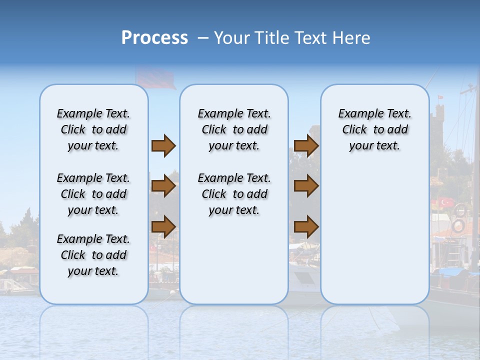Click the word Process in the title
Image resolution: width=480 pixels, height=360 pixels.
point(154,38)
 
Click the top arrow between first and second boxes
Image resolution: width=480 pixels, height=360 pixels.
point(163,146)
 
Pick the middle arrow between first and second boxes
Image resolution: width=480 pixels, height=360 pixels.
point(163,186)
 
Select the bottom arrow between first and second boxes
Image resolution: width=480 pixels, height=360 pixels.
point(163,226)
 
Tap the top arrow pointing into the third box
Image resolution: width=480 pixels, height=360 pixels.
point(306,146)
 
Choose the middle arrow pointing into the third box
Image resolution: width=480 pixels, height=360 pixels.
point(306,186)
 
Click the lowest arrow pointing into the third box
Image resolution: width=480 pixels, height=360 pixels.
point(306,227)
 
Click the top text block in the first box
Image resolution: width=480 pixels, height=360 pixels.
point(93,129)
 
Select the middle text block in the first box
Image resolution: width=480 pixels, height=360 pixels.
point(93,194)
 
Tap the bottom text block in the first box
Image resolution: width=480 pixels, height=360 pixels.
point(93,255)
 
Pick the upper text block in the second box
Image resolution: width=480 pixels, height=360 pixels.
point(234,129)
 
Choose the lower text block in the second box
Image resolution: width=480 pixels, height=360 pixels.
point(234,194)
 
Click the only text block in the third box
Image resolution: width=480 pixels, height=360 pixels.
point(374,129)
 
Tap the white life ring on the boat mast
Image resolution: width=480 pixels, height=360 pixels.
point(458,225)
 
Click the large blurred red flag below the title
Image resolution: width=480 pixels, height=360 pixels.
point(155,77)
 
